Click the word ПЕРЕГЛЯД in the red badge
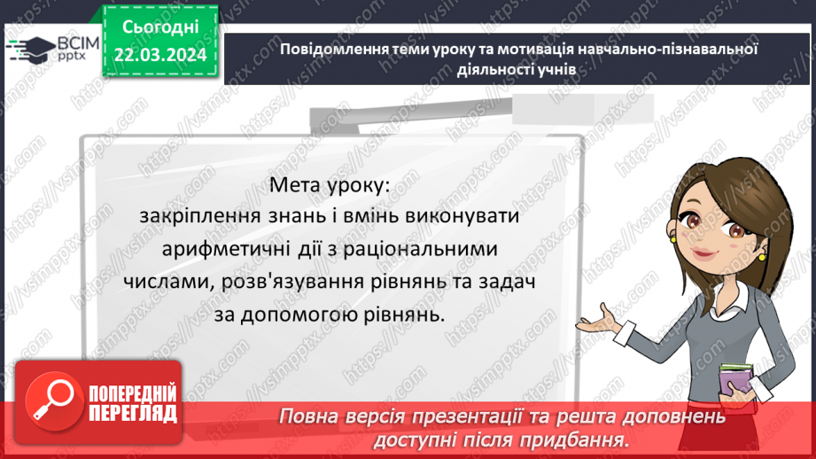click(x=132, y=413)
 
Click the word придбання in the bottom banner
click(x=582, y=439)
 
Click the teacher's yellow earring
click(x=674, y=237)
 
